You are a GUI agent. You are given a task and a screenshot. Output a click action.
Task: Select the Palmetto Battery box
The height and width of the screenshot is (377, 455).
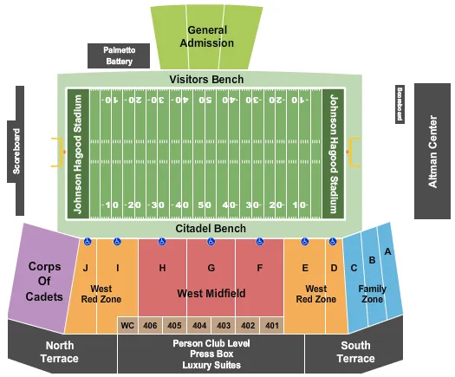pos(118,55)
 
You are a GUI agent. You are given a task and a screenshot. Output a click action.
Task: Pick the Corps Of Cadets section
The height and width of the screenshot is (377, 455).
pos(43,281)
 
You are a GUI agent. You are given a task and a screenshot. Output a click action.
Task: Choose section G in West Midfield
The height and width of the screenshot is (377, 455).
pos(211,269)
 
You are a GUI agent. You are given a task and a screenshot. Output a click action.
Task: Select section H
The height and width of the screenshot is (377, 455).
pos(162,269)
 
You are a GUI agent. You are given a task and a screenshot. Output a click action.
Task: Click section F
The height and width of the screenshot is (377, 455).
pos(259,269)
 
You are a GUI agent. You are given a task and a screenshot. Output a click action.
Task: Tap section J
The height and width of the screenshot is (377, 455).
pos(86,269)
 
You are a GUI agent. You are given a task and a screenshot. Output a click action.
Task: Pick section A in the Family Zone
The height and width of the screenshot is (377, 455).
pos(388,251)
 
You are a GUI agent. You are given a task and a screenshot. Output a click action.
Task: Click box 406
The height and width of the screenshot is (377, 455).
pos(151,325)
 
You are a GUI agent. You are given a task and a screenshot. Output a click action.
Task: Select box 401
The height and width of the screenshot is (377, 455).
pos(272,325)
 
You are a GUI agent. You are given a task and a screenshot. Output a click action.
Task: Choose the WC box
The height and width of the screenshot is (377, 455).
pos(127,325)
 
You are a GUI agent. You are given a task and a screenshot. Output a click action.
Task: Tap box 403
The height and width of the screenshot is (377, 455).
pos(224,325)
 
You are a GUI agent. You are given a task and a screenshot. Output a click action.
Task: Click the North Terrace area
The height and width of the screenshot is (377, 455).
pos(58,351)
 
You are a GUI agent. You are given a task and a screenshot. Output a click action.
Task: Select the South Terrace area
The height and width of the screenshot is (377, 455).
pos(355,351)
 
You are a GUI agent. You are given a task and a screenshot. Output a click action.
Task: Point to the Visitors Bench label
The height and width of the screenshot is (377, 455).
pos(206,80)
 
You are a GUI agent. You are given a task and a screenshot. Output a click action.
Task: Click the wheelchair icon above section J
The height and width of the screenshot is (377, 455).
pos(88,242)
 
